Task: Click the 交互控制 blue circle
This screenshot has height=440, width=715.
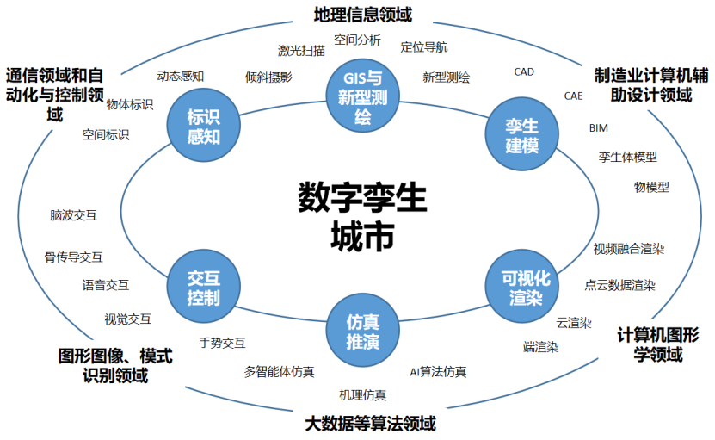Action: pos(203,288)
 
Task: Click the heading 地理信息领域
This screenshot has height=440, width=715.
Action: pos(362,14)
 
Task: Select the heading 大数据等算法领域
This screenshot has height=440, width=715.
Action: pos(371,424)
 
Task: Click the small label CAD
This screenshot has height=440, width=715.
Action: pos(524,72)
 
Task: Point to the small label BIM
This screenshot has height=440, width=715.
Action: pos(598,127)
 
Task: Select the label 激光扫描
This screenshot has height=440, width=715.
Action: pos(301,50)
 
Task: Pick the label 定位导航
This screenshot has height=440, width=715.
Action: pos(424,46)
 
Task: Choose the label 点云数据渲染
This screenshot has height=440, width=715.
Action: pos(619,285)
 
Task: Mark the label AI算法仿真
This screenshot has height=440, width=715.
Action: pos(438,372)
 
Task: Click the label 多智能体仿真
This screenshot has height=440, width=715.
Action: pos(279,372)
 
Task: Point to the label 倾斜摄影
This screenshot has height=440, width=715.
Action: pos(268,77)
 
